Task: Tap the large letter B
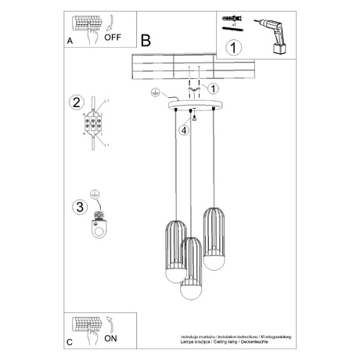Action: (x=145, y=40)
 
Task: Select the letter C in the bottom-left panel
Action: (x=70, y=343)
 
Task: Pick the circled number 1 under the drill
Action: (x=232, y=48)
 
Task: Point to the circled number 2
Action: (x=76, y=102)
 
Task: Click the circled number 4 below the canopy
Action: (x=183, y=130)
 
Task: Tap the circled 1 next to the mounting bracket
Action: (x=214, y=89)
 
